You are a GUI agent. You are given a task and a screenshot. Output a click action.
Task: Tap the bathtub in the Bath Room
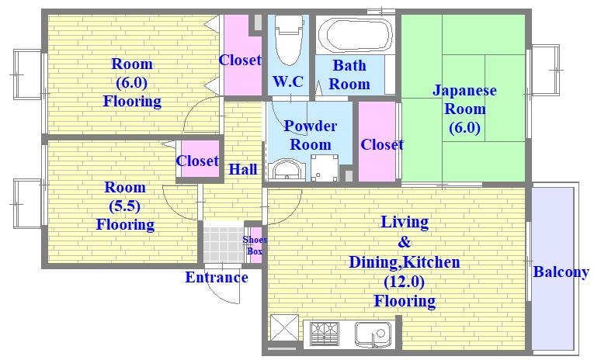tap(355, 35)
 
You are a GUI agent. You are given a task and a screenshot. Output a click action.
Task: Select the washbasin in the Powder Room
tap(286, 170)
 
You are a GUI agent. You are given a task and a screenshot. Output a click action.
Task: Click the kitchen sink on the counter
tap(372, 334)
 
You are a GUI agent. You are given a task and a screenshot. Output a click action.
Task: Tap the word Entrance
tap(217, 278)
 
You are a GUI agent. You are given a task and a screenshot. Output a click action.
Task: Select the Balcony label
tap(560, 272)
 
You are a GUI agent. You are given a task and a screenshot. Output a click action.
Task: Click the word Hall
tap(243, 169)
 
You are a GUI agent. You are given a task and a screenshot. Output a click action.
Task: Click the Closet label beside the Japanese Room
tap(381, 144)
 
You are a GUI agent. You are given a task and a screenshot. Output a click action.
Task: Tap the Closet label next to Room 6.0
tap(240, 60)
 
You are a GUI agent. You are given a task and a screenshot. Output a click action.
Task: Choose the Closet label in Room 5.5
tap(197, 161)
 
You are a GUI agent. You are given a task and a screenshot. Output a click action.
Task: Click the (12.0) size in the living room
tap(404, 282)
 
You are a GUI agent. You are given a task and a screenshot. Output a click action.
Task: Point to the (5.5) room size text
tap(125, 206)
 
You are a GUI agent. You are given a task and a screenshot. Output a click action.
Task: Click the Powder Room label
tap(310, 135)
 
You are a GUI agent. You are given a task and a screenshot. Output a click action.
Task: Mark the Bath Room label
tap(349, 74)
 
